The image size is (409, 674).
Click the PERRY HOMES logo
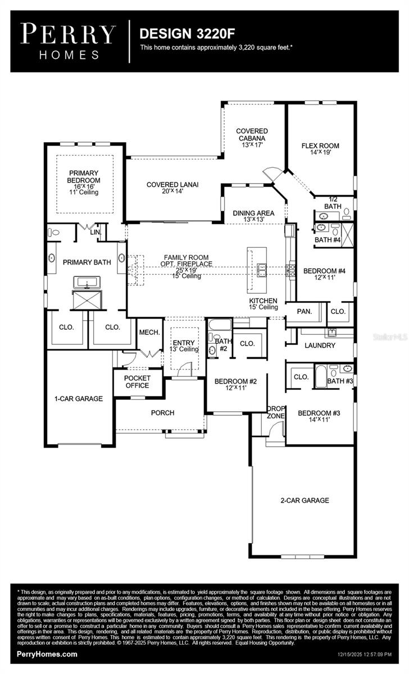coord(69,40)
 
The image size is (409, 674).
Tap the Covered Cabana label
coord(251,138)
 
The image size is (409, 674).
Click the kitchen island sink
coord(262,270)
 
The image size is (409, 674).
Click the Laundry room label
coord(320,345)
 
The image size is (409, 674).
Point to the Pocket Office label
coord(137,382)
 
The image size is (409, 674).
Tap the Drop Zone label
coord(276,412)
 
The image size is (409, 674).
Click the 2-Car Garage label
coord(305,500)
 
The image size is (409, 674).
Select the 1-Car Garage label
coord(79,399)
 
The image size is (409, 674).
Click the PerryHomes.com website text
coord(47,654)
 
